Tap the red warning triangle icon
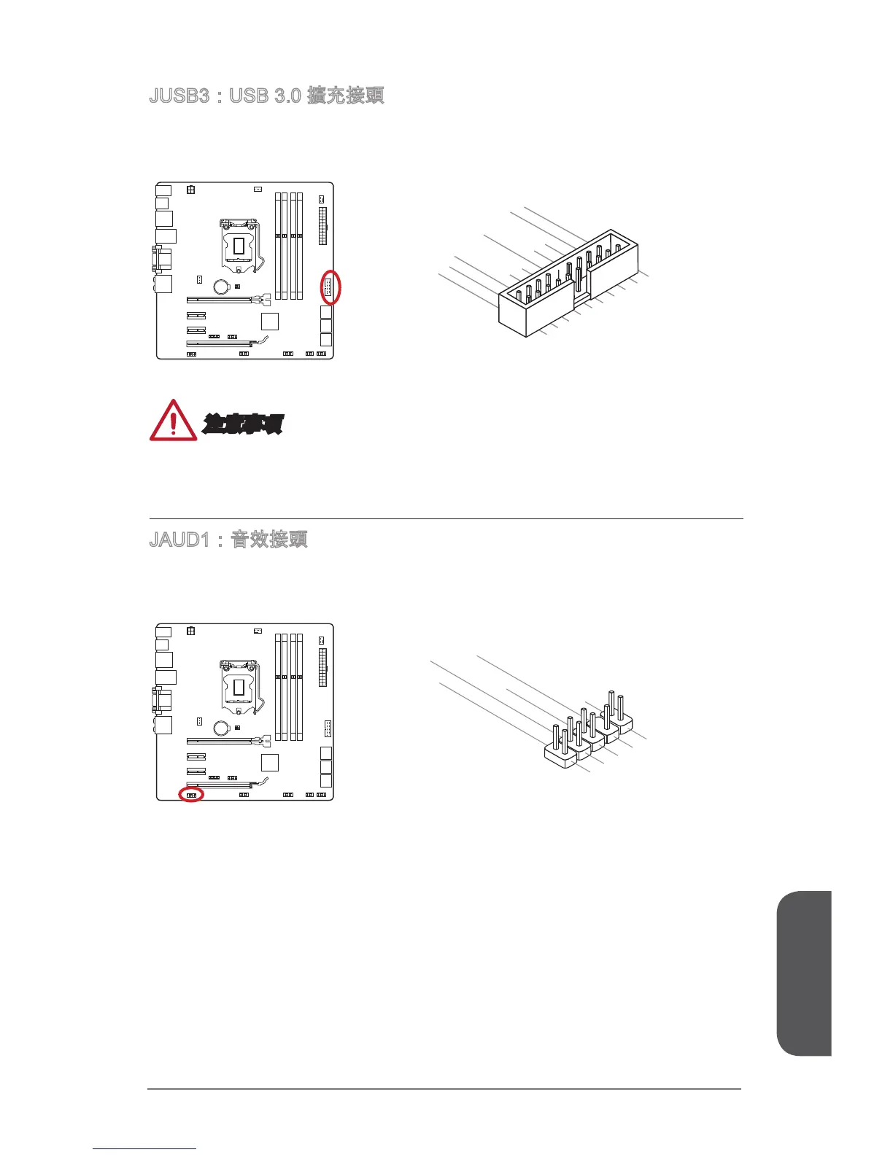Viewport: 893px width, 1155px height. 172,421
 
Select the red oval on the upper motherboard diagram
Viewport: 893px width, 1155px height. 330,287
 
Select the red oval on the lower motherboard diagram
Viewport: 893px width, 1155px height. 191,795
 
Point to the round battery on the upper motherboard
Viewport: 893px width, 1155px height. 223,287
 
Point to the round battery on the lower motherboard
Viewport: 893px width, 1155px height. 223,728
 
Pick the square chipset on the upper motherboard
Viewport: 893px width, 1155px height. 270,321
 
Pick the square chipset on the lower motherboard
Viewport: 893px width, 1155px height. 270,762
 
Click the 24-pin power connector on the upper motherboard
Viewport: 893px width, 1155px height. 322,226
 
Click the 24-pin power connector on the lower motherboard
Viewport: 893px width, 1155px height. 322,667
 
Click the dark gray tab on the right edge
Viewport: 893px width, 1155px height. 804,973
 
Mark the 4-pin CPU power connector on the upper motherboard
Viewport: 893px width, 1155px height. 190,190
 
